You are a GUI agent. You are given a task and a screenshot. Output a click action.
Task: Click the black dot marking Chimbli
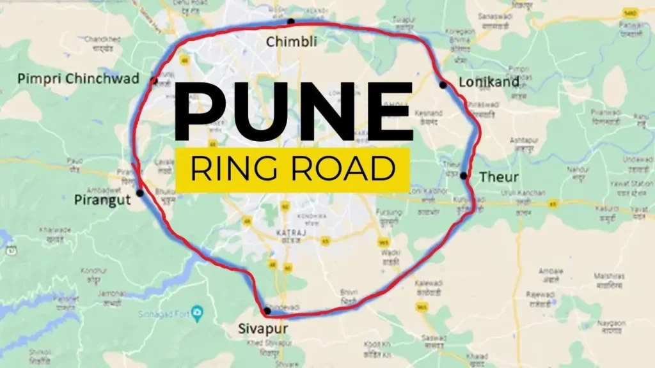(290, 21)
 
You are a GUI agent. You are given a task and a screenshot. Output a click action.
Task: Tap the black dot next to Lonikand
(442, 84)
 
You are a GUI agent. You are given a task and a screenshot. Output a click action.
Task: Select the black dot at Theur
(463, 175)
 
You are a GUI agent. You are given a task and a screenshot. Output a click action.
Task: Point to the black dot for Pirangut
(139, 192)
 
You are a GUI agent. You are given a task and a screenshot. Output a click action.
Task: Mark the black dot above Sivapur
(267, 311)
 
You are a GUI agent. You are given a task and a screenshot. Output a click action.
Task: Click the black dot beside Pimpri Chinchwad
(154, 80)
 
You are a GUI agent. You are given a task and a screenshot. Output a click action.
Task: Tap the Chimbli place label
(291, 42)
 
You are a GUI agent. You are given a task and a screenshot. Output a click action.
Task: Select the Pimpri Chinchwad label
(78, 79)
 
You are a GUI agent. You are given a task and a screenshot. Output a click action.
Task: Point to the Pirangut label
(102, 199)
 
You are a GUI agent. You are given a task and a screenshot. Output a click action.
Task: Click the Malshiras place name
(609, 276)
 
